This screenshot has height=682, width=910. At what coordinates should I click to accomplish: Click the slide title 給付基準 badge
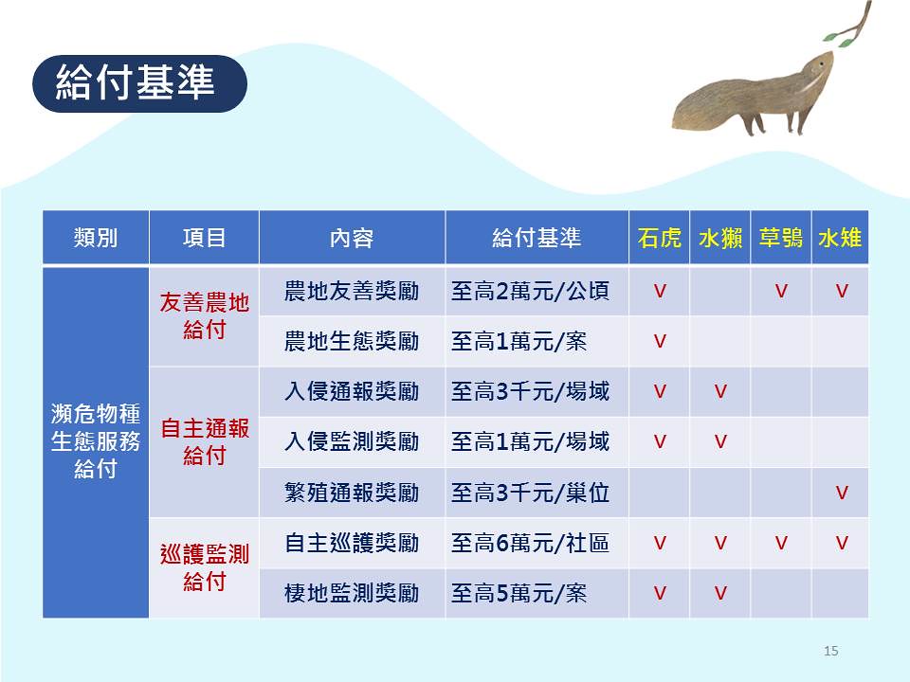tap(139, 83)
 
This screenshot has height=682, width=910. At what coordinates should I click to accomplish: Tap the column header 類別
tap(96, 238)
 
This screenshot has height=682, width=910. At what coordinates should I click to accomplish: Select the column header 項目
tap(205, 238)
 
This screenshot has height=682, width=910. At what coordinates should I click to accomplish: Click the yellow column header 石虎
tap(660, 238)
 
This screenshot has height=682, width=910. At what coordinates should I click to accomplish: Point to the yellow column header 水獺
tap(720, 238)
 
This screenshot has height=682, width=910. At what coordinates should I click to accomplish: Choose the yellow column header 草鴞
tap(781, 238)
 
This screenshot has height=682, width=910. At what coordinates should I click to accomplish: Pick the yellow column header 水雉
tap(840, 238)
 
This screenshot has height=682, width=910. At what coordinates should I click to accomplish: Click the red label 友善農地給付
tap(205, 316)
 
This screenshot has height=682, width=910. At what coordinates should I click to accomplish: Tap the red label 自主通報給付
tap(205, 442)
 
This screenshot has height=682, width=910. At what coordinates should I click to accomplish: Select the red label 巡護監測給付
tap(205, 567)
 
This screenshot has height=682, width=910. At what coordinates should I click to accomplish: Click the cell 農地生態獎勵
tap(352, 341)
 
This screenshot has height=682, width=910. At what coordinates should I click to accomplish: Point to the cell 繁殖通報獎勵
tap(352, 493)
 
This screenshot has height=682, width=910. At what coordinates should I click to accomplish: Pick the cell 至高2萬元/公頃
tap(531, 291)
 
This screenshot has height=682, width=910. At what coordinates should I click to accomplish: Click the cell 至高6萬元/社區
tap(531, 543)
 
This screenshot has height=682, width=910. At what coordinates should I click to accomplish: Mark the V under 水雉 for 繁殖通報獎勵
tap(842, 493)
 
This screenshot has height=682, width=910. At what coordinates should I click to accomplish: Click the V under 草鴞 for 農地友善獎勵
tap(781, 291)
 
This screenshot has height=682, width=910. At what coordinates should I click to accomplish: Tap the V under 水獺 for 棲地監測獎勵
tap(720, 593)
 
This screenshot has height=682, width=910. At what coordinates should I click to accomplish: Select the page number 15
tap(830, 651)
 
